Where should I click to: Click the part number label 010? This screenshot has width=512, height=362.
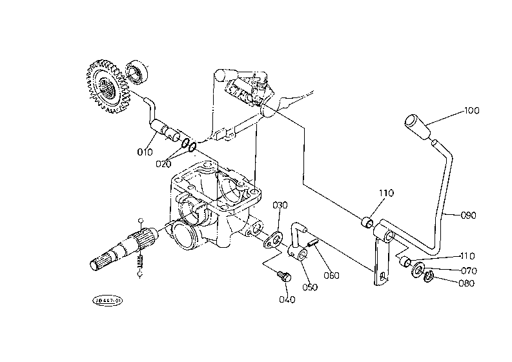tap(145, 152)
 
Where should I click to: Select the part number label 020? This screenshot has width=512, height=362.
tap(164, 163)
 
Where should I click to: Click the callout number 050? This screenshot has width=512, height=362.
tap(310, 287)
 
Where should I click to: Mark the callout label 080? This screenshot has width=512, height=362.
tap(466, 283)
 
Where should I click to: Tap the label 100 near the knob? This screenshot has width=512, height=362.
tap(472, 111)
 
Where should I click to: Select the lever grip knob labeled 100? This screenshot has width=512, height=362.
tap(416, 126)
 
